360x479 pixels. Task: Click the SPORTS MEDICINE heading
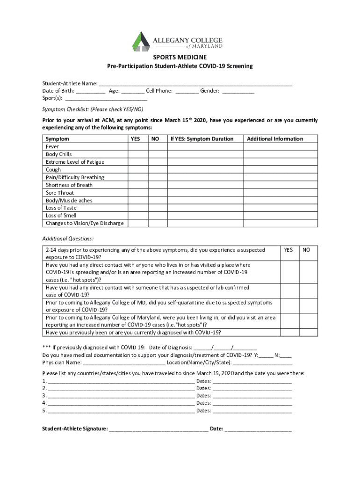(x=180, y=57)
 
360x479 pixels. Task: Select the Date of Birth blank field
(x=91, y=91)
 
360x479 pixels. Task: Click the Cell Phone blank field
(x=187, y=91)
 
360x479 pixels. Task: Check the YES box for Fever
(x=137, y=147)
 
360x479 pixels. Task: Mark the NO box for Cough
(x=157, y=170)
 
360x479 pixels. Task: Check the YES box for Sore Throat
(x=137, y=193)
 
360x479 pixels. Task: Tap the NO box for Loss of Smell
(x=157, y=216)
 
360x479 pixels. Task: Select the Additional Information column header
(x=275, y=139)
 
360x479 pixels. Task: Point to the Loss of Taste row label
(x=61, y=208)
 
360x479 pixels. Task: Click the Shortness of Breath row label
(x=69, y=185)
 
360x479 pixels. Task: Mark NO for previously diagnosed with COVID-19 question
(x=308, y=333)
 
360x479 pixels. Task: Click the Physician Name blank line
(x=124, y=362)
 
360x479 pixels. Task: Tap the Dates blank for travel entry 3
(x=252, y=395)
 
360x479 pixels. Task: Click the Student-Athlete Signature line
(x=158, y=428)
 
